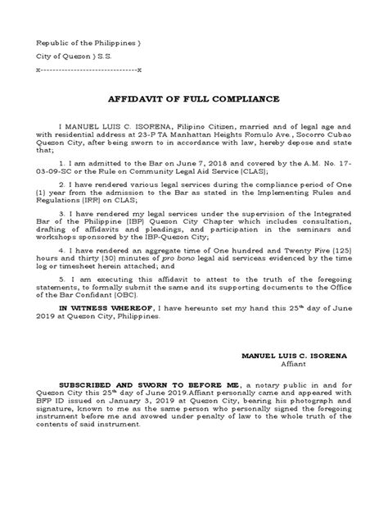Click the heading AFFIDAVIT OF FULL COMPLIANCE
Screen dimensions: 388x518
tap(193, 98)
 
